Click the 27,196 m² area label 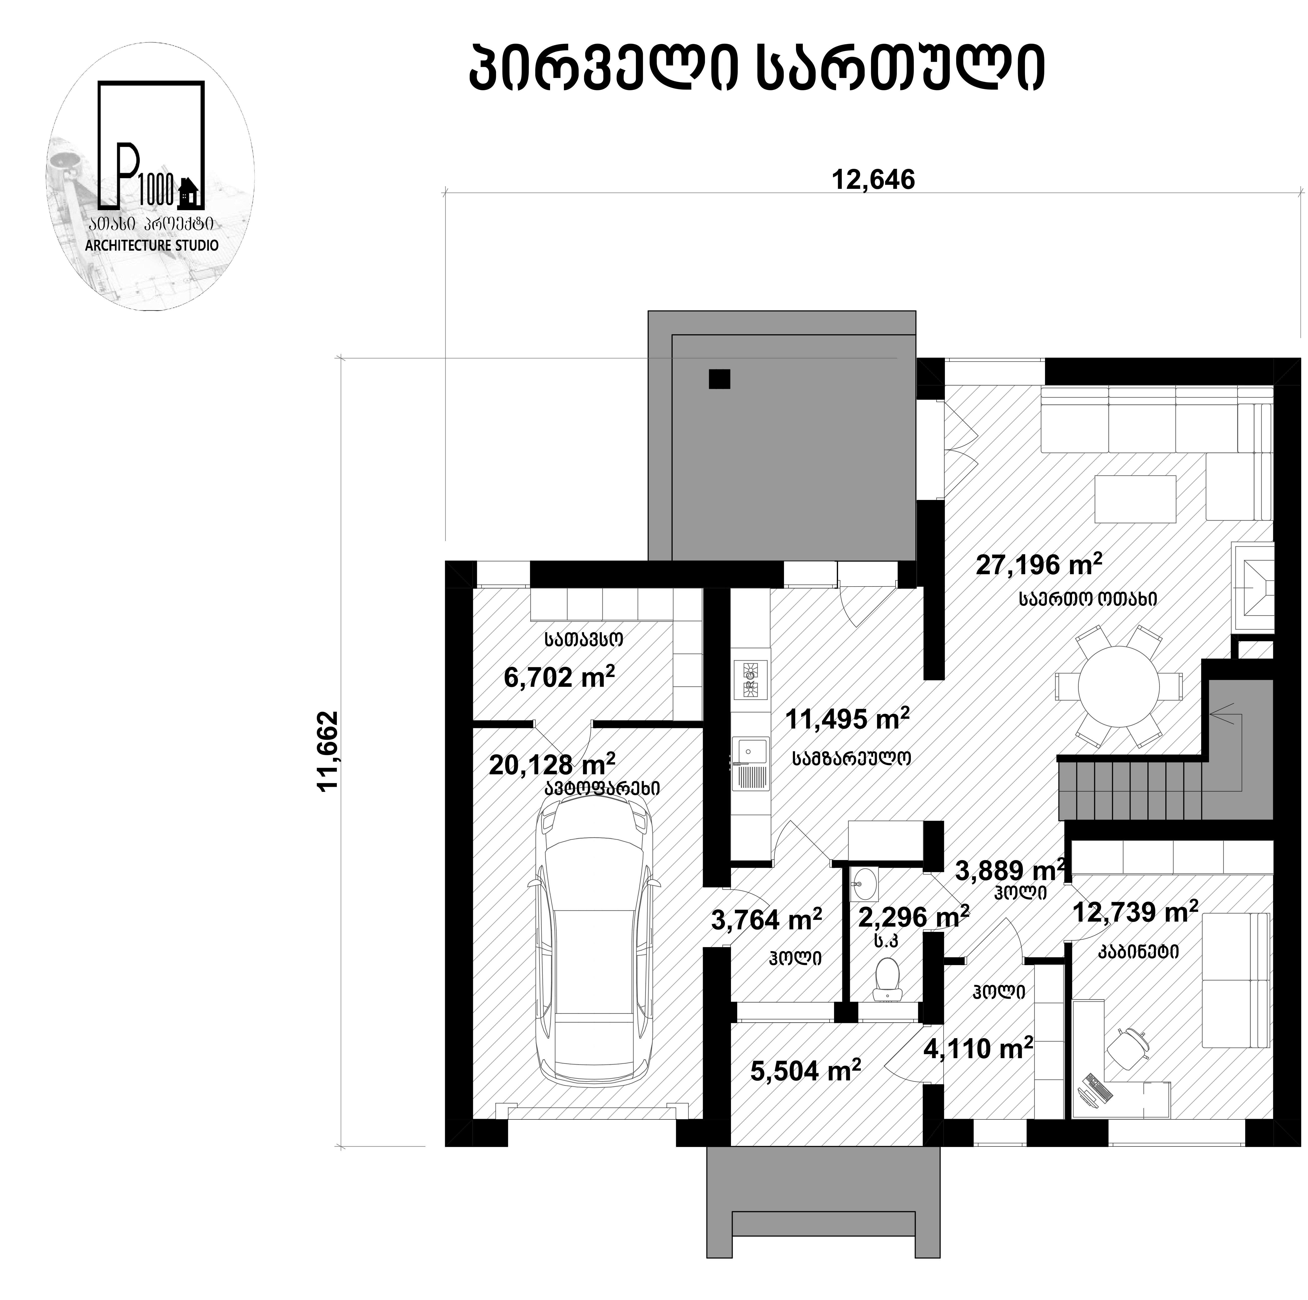[1039, 564]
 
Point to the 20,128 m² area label [552, 765]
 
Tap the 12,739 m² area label [1135, 912]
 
